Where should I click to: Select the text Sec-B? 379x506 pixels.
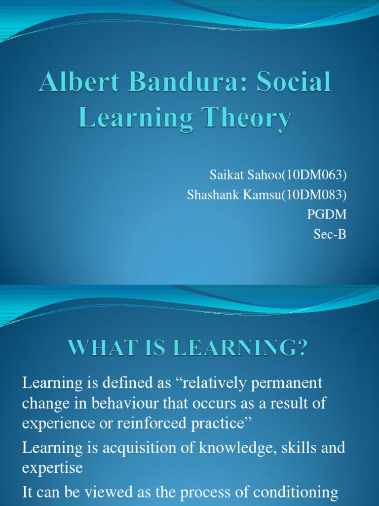(330, 235)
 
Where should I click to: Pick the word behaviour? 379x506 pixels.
(122, 403)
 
